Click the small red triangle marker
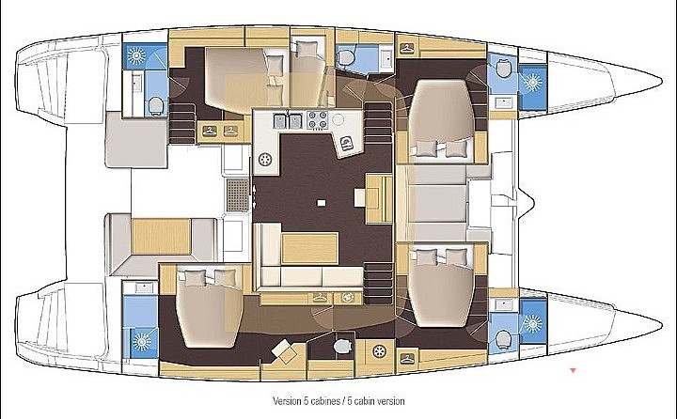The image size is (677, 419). click(x=573, y=370)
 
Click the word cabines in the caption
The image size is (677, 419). click(x=324, y=401)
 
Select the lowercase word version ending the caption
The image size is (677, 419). click(x=391, y=401)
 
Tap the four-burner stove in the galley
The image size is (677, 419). click(x=317, y=119)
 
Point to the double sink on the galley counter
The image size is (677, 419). click(x=287, y=120)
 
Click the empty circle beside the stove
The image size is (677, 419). click(x=338, y=118)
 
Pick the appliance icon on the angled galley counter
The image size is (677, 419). click(x=346, y=144)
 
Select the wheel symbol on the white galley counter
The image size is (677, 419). click(x=264, y=160)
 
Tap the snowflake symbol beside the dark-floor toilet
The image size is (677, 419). click(x=379, y=351)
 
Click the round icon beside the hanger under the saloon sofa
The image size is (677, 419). click(x=347, y=297)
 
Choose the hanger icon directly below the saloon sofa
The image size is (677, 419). click(x=319, y=297)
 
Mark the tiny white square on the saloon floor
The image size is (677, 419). click(x=321, y=202)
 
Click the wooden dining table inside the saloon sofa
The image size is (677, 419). click(x=309, y=248)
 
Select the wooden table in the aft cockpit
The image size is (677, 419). click(x=161, y=236)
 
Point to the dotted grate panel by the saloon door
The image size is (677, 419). click(x=238, y=195)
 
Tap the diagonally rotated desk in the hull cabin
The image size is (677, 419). click(x=285, y=350)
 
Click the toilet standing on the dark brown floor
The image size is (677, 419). click(x=343, y=346)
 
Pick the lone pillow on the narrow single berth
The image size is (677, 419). click(x=307, y=49)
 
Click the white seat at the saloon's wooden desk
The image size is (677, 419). click(x=360, y=198)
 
